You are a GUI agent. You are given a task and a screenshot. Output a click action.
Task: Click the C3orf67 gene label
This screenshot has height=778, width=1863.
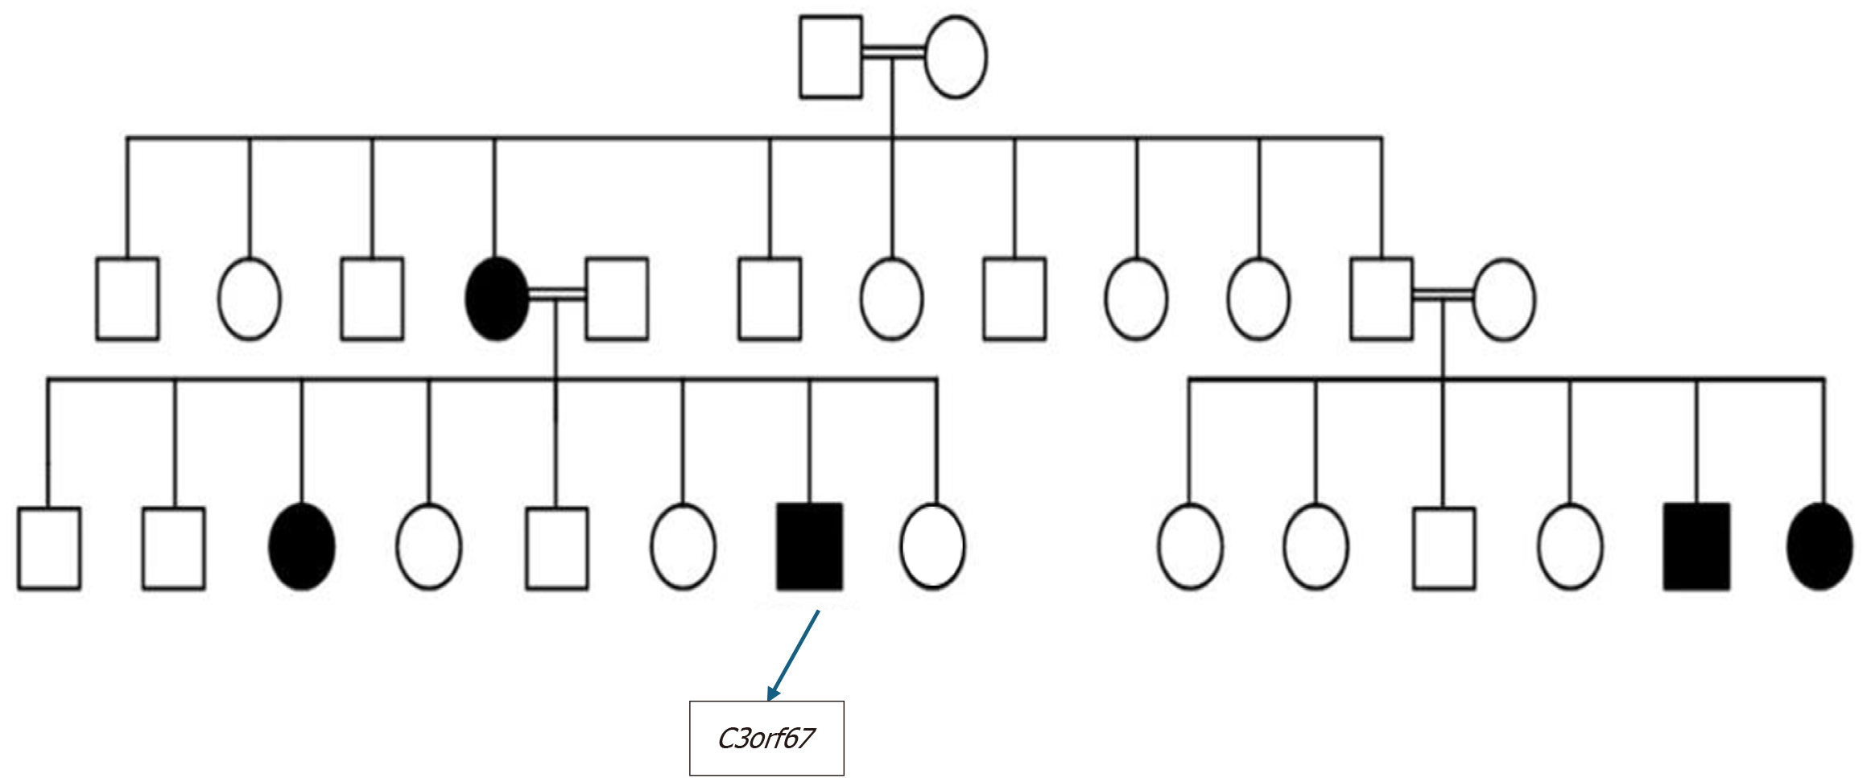point(766,738)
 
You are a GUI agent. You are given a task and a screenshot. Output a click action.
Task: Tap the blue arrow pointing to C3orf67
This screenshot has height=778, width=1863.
point(794,654)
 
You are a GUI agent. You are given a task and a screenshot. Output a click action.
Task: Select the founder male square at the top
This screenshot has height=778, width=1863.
point(831,57)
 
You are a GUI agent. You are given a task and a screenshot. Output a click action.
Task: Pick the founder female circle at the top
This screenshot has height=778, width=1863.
point(956,57)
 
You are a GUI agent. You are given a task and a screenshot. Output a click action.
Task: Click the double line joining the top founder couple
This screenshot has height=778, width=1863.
point(893,52)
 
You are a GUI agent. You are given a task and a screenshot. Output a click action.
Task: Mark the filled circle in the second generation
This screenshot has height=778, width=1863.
point(497,298)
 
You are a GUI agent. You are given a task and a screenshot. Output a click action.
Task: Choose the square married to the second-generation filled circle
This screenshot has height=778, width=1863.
point(617,298)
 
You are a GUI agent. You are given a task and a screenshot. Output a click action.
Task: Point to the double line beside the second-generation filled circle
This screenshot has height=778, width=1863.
point(556,294)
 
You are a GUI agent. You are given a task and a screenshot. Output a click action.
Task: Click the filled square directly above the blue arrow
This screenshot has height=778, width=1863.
point(810,547)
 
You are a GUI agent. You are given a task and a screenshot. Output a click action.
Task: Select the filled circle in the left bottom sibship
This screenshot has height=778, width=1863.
point(302,547)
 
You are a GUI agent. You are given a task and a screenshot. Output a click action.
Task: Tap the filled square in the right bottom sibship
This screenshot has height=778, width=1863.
point(1697,547)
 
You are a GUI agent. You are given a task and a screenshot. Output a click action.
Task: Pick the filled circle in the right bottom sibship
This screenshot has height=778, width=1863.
point(1820,547)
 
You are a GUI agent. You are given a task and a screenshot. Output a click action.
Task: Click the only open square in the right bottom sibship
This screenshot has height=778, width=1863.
point(1444,548)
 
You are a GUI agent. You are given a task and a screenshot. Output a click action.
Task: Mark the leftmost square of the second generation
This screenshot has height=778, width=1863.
point(127,298)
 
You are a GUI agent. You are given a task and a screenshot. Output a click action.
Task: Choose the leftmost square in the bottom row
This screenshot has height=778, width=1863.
point(49,548)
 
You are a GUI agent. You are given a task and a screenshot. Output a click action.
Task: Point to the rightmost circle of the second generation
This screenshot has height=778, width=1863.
point(1504,299)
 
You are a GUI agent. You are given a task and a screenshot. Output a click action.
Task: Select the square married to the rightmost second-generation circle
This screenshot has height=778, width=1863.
point(1382,298)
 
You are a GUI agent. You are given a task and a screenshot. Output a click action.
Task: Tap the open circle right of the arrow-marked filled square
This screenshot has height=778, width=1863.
point(932,547)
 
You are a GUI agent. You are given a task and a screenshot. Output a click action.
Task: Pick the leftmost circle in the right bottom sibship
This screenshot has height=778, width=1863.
point(1190,547)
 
